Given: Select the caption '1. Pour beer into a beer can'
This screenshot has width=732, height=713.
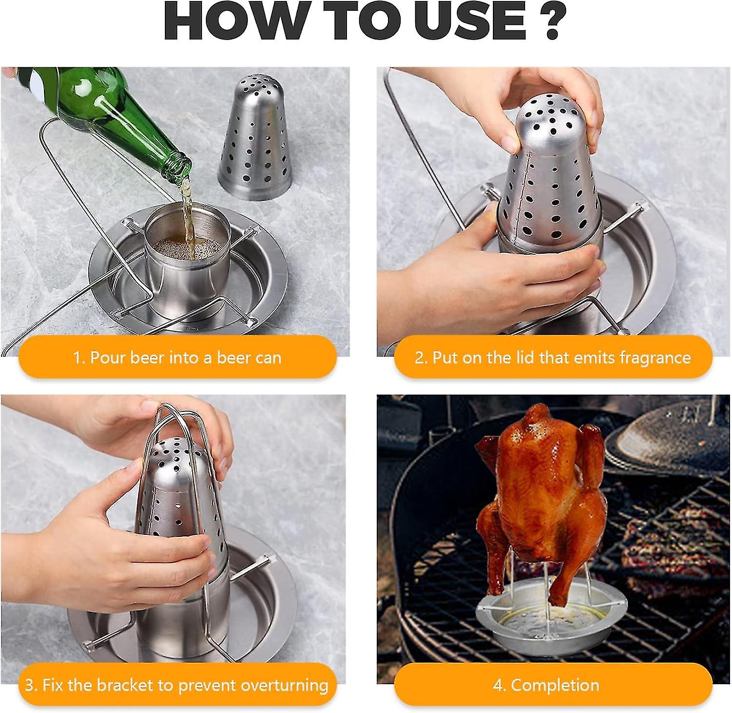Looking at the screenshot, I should coord(178,358).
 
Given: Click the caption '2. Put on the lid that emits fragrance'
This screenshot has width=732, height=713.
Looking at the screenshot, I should coord(553,358).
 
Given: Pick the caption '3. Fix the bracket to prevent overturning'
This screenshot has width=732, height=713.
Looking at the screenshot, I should coord(177,685).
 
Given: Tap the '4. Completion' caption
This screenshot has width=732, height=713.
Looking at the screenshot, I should coord(546,685).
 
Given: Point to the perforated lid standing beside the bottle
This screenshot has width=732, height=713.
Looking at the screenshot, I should coord(255,138).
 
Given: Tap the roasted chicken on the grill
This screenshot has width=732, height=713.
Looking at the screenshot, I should coord(539,493).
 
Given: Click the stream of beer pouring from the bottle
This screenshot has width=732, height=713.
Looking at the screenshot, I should coord(188,210).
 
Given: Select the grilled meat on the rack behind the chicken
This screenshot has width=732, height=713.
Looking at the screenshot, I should coord(654,537).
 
